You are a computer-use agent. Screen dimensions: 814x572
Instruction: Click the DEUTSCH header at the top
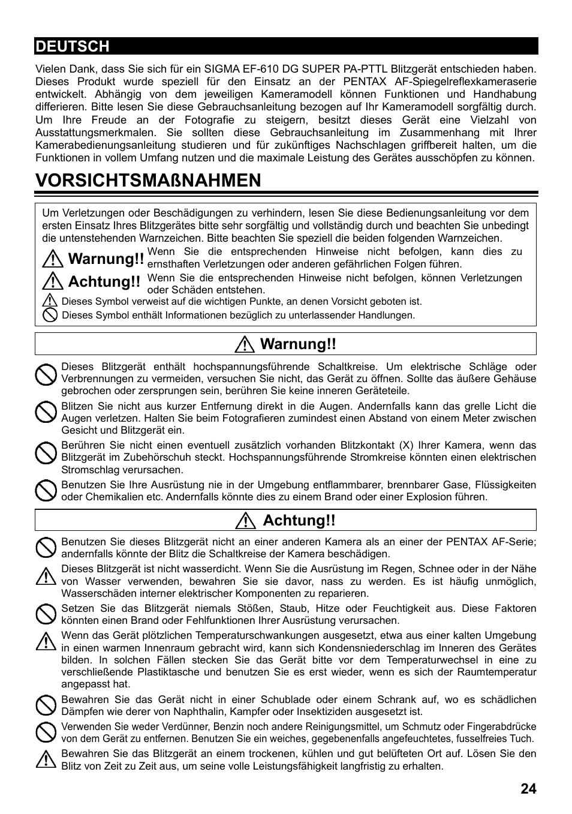click(72, 46)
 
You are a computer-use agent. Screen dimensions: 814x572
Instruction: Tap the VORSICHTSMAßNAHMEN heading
click(148, 180)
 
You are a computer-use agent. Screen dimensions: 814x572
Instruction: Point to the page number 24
click(528, 788)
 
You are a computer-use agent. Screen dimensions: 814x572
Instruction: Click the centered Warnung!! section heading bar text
click(298, 344)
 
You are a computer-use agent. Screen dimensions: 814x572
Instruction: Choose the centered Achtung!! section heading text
click(299, 520)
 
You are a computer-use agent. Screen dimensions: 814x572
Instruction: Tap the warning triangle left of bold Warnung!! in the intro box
click(53, 259)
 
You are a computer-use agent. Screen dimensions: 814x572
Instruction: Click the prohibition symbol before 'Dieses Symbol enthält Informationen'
click(50, 315)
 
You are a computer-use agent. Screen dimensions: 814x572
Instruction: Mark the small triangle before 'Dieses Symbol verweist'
click(50, 301)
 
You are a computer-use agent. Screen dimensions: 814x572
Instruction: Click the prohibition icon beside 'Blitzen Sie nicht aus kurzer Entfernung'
click(46, 413)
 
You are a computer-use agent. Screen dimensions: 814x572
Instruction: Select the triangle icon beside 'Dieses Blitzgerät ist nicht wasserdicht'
click(46, 576)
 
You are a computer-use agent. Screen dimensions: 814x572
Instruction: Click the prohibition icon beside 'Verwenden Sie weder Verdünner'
click(46, 732)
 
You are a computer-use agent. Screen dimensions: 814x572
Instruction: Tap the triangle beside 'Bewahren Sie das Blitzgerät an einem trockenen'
click(46, 759)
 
